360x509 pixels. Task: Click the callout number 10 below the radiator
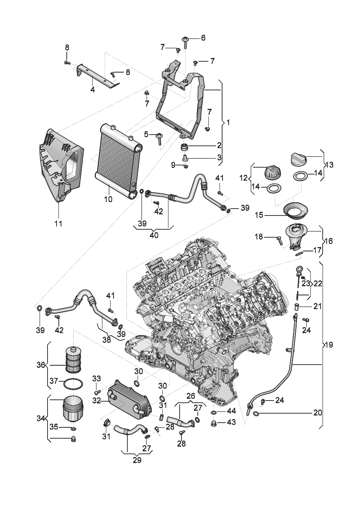coord(108,199)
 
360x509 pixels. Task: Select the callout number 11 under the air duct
coord(58,223)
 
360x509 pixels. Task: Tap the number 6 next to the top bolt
coord(203,38)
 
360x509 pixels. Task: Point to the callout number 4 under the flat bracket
coord(93,90)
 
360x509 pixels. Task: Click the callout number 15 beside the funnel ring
coord(259,215)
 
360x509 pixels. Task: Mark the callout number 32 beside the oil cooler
coord(97,401)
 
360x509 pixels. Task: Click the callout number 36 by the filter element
coord(41,371)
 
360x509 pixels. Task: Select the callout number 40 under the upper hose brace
coord(154,235)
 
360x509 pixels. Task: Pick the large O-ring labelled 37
coord(73,384)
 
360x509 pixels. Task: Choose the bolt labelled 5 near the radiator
coord(159,139)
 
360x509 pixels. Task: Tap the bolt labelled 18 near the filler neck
coord(279,240)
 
